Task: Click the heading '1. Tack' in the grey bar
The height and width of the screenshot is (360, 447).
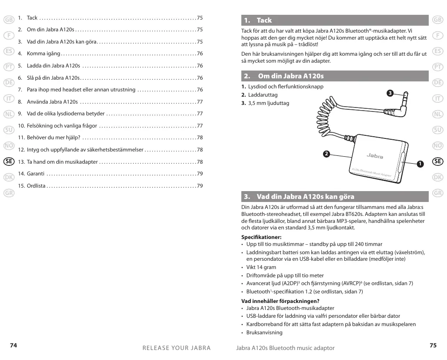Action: [x=258, y=20]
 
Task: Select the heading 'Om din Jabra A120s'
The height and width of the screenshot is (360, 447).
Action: [x=290, y=76]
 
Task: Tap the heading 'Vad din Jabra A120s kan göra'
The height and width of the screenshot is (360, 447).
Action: [x=305, y=197]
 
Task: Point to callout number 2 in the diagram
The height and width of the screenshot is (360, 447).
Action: [x=326, y=154]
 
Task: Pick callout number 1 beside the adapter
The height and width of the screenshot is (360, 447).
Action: [x=420, y=164]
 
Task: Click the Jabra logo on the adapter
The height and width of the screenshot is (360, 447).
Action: [x=375, y=155]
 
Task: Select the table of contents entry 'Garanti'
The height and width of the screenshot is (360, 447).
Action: [x=36, y=174]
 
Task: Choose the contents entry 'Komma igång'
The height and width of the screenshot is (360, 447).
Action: [x=43, y=54]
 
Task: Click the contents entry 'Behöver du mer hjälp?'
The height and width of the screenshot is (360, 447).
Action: [x=53, y=138]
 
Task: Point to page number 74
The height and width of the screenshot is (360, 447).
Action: [x=14, y=345]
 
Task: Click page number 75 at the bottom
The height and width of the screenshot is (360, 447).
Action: [x=433, y=345]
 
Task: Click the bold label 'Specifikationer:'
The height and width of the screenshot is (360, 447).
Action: [x=261, y=237]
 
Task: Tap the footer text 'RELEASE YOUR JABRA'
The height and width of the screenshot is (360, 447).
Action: [x=177, y=348]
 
